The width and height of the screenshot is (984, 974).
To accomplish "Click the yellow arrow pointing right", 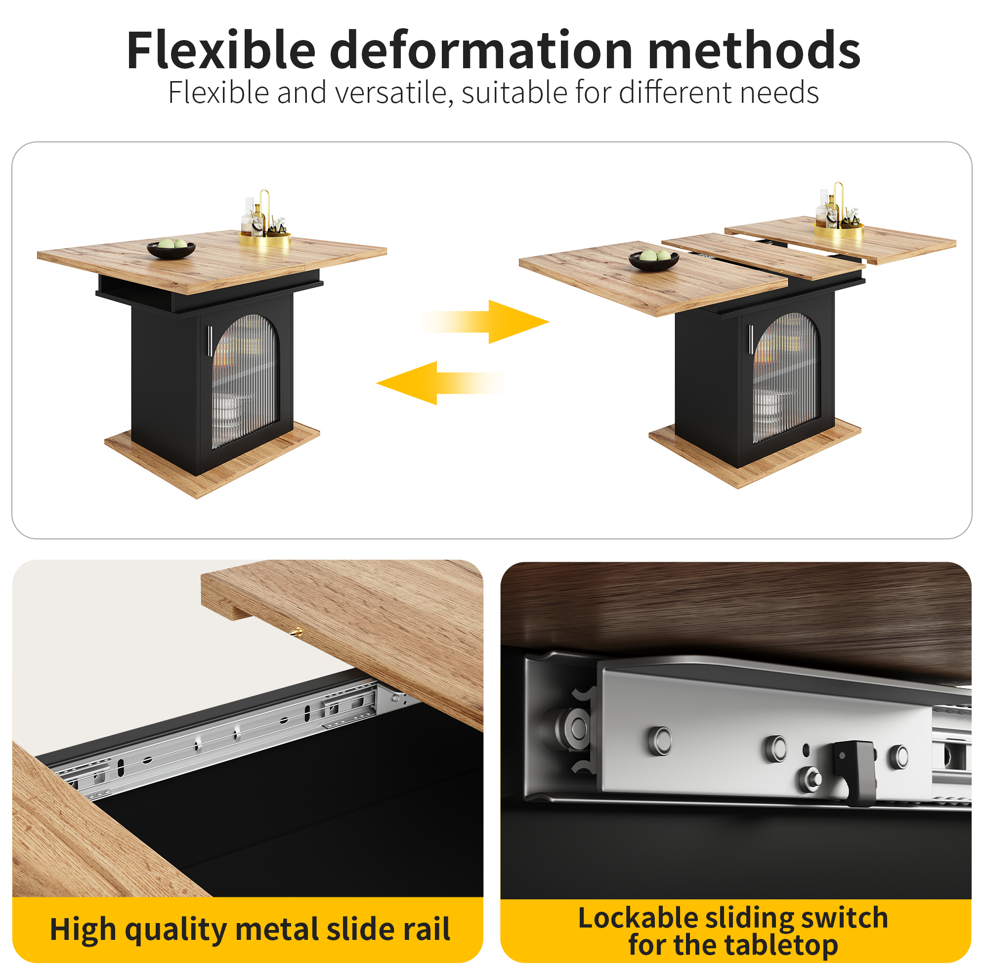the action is (x=485, y=321).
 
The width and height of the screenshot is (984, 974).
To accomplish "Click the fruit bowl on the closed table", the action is (x=171, y=249).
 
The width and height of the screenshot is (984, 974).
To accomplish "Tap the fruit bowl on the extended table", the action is (x=653, y=259).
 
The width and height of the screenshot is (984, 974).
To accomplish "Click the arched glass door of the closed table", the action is (x=246, y=381).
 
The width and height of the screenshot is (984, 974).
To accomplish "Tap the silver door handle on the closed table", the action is (x=210, y=341).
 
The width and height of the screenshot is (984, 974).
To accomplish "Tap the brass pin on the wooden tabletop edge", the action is (x=296, y=633).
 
